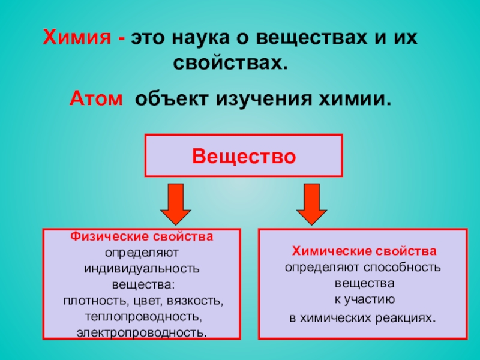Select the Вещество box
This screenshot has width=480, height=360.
pos(244,156)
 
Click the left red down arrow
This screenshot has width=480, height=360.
pos(175,203)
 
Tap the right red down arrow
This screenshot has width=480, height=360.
pos(311,203)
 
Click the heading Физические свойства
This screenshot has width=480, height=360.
pos(142,238)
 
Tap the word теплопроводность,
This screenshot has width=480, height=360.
pos(142,315)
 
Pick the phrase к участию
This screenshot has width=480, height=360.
pos(364,297)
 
